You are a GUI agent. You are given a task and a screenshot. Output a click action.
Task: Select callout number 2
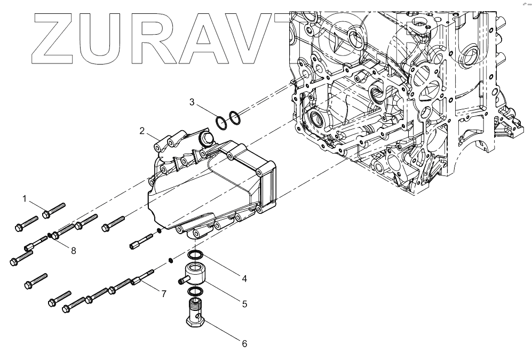click(x=142, y=131)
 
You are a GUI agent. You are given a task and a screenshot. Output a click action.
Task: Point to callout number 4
click(x=244, y=278)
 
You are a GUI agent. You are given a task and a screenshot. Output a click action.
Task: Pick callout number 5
click(x=244, y=304)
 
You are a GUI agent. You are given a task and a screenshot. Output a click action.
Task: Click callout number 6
click(x=244, y=344)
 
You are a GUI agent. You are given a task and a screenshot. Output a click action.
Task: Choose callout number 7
click(x=164, y=293)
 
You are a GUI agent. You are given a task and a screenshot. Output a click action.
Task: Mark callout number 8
click(x=73, y=250)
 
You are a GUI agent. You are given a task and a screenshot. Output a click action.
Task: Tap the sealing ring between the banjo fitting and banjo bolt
click(x=195, y=291)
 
